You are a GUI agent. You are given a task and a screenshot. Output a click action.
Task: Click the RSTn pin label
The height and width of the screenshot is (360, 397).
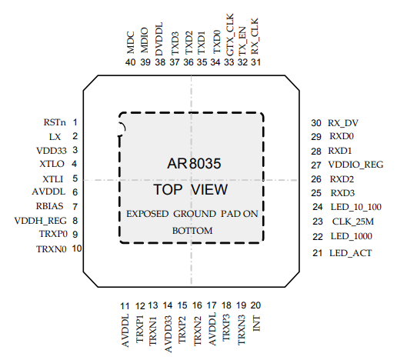click(x=55, y=122)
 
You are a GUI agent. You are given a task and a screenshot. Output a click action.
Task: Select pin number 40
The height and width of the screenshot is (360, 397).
click(x=131, y=62)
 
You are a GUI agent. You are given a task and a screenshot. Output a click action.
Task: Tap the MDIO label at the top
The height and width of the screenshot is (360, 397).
click(x=145, y=40)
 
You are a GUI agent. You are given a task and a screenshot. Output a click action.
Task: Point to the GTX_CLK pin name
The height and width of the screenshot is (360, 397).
click(x=230, y=35)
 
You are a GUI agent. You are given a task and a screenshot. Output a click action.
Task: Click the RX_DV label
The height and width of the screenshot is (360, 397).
click(x=343, y=123)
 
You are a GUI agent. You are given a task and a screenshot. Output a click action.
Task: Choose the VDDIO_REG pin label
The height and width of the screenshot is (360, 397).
click(x=355, y=165)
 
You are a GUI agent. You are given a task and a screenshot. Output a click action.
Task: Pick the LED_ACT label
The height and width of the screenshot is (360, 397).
click(x=351, y=253)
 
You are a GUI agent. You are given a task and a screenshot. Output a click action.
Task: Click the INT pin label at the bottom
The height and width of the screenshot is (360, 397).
click(x=256, y=324)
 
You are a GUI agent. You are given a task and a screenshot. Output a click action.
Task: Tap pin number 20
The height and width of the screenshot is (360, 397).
click(x=255, y=305)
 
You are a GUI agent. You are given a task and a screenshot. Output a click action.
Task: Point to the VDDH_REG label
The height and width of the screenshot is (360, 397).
click(x=40, y=221)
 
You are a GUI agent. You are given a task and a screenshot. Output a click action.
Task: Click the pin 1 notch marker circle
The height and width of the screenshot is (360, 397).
click(x=121, y=129)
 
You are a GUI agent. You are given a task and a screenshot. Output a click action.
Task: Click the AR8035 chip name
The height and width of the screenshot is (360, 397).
click(x=194, y=164)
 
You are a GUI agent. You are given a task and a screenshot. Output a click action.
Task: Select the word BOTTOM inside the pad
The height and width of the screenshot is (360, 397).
click(x=192, y=231)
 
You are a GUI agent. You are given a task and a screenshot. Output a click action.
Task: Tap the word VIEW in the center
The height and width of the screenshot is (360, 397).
click(x=209, y=190)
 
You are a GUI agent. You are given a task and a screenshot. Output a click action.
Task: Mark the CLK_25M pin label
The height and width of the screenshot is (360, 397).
click(x=353, y=222)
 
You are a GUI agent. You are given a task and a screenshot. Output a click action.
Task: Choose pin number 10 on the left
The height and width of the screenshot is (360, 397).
click(x=77, y=248)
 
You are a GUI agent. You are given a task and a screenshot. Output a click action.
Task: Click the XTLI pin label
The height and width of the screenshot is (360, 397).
click(x=53, y=179)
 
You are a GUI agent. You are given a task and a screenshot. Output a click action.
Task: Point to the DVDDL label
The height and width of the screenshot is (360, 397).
click(x=159, y=39)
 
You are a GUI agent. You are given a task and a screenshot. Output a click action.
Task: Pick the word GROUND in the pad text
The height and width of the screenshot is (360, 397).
click(x=195, y=214)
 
